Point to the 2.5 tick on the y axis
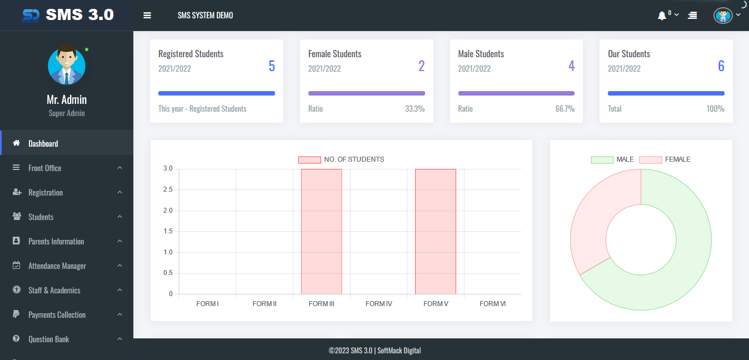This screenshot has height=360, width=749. point(168,189)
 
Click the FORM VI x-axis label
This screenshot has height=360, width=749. point(492,304)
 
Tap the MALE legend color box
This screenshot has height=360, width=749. point(602,159)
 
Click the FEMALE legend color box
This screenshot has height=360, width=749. point(650,159)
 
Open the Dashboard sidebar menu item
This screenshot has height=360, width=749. point(43,143)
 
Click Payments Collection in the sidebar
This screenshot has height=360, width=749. point(57,314)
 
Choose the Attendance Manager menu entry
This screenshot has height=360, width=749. point(57,266)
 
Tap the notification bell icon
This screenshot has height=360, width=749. point(661,16)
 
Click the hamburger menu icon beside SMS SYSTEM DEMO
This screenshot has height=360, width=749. point(147,16)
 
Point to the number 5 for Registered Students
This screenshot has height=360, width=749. point(272,66)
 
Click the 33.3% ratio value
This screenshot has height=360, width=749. point(415,109)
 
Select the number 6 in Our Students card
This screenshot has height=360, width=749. point(721,66)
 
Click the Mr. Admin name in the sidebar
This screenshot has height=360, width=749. point(67,99)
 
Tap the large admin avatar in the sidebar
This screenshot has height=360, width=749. point(67,64)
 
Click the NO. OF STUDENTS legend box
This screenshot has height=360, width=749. point(309,159)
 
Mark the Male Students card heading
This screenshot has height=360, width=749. point(481,54)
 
